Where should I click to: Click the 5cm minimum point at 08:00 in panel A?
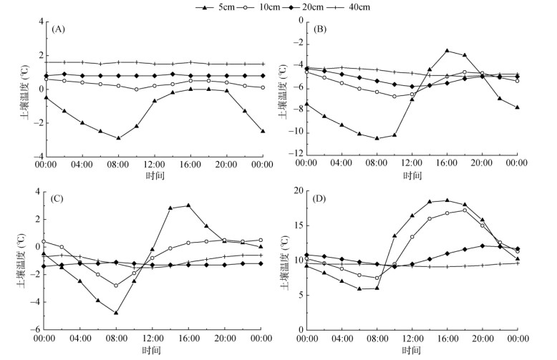(118, 138)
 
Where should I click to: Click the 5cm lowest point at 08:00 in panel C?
(115, 313)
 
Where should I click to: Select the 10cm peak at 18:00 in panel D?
(465, 210)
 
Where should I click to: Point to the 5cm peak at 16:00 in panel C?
(188, 205)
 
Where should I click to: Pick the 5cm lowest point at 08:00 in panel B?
(377, 138)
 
